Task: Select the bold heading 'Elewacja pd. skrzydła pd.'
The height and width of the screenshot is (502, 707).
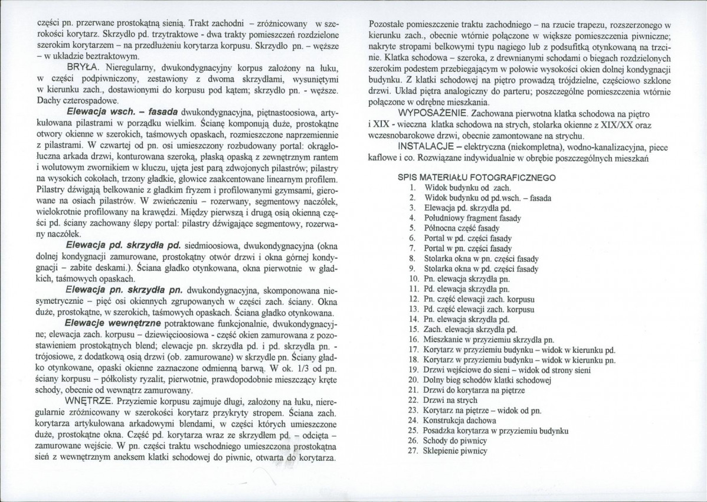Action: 122,244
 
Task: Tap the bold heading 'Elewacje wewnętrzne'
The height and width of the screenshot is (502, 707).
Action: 115,324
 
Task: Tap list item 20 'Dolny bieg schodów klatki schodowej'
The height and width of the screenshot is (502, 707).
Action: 486,380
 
